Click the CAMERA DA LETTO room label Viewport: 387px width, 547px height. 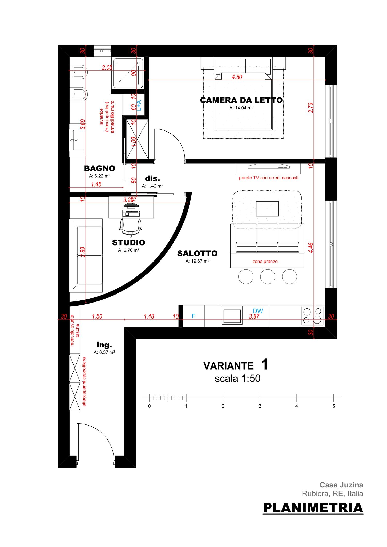coord(241,100)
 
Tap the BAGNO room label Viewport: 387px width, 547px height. coord(100,168)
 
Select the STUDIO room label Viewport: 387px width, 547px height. coord(128,242)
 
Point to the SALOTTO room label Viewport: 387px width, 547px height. coord(197,254)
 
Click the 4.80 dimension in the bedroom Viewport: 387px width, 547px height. coord(237,77)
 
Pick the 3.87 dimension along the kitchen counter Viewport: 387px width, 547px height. coord(254,316)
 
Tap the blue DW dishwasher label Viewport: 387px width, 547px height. coord(258,311)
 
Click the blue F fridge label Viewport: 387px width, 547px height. coord(193,316)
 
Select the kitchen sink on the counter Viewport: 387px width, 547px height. coord(232,315)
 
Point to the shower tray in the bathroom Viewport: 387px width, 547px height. coord(128,73)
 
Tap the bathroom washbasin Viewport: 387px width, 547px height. coord(78,140)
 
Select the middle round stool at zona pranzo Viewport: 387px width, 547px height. coord(268,276)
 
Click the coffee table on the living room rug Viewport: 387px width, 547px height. coord(267,209)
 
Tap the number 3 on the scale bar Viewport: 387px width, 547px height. coord(260,406)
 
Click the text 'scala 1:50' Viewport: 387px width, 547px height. coord(238,378)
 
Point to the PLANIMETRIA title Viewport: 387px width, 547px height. coord(313,508)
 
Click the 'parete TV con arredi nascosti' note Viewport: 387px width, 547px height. coord(269,178)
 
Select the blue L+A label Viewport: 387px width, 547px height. coord(139,105)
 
